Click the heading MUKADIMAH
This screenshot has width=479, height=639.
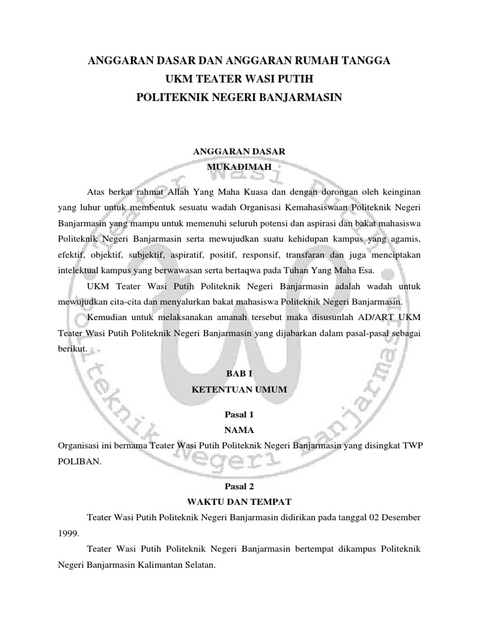click(239, 167)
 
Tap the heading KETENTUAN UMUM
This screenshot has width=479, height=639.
click(239, 389)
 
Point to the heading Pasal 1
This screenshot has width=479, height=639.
click(239, 414)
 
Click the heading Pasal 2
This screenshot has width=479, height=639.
click(239, 484)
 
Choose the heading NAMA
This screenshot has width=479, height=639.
click(239, 430)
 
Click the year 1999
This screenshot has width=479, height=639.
click(68, 535)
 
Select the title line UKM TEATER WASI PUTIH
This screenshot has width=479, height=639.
click(239, 79)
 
